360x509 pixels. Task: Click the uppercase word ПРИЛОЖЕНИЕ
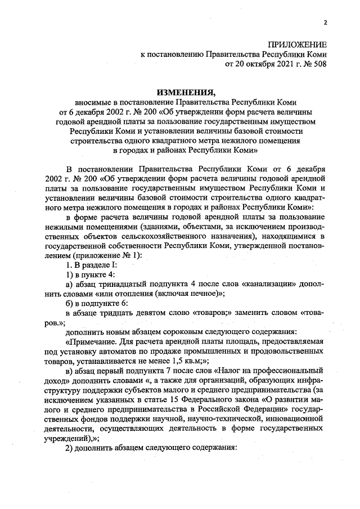pyautogui.click(x=296, y=44)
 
